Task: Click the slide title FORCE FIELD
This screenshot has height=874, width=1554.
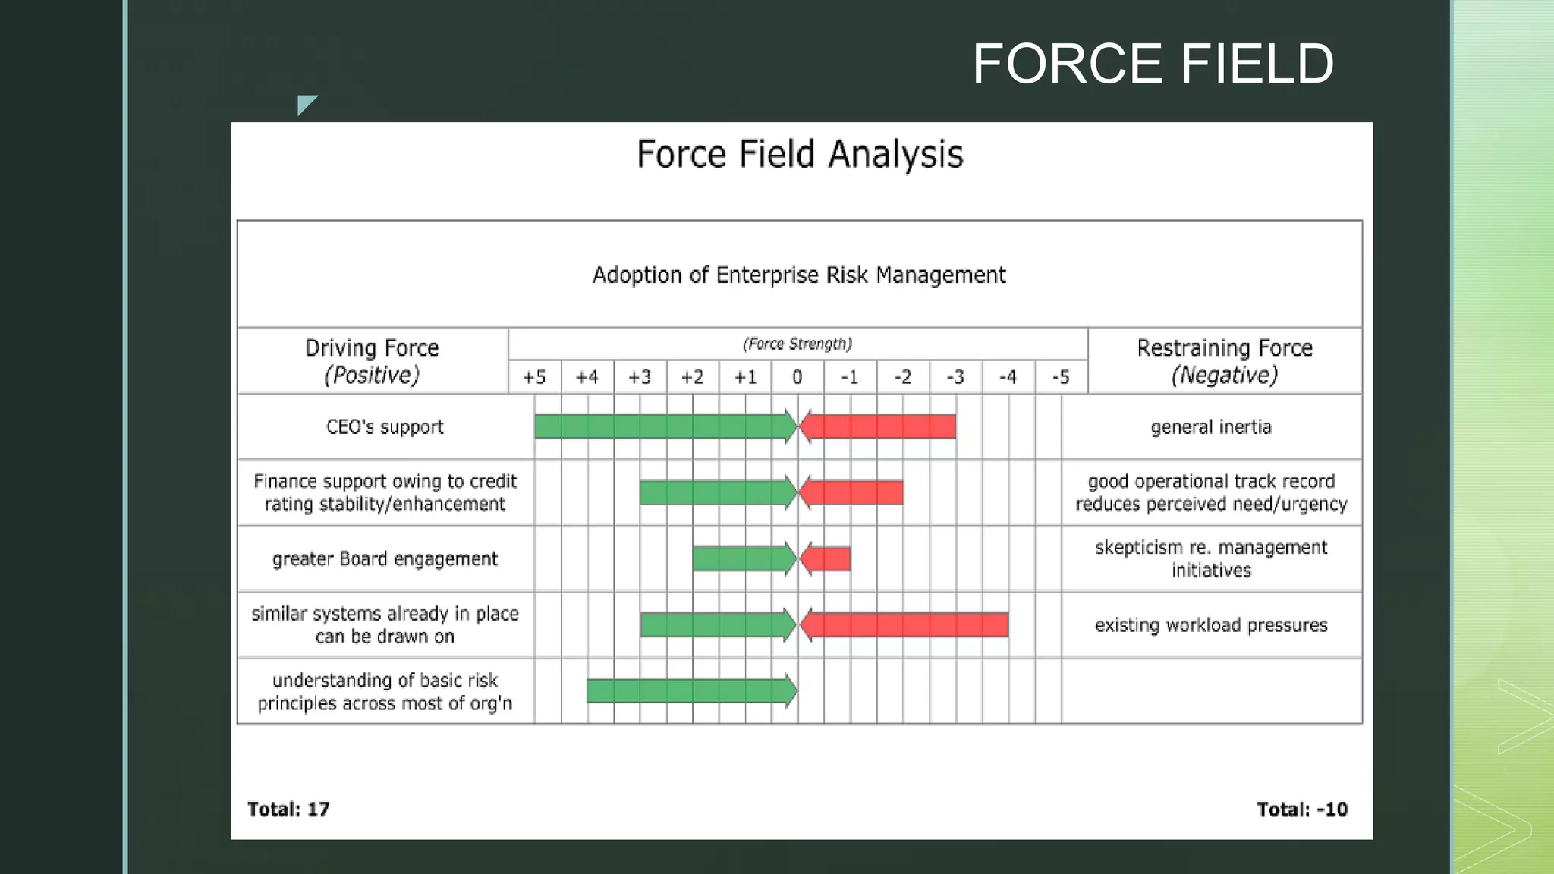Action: coord(1153,64)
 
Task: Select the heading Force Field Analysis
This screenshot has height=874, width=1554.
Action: coord(800,154)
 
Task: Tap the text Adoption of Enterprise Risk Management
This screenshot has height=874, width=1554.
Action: coord(799,275)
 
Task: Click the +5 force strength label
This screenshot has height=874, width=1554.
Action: coord(534,377)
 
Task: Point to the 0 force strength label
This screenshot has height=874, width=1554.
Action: coord(797,377)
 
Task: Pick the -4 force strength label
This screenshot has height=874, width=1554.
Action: coord(1008,377)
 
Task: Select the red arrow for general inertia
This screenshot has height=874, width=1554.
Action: coord(880,426)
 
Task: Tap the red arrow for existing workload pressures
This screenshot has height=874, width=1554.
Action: coord(907,625)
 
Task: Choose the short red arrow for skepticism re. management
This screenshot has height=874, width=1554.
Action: coord(827,559)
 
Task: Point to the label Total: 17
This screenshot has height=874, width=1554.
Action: coord(288,810)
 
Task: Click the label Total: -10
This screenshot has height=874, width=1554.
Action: coord(1302,810)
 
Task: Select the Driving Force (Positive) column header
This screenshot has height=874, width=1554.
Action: coord(372,361)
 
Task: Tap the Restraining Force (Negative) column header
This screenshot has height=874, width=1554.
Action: coord(1225,361)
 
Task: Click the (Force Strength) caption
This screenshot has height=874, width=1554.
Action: coord(797,344)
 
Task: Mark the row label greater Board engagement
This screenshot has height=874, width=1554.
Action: coord(385,559)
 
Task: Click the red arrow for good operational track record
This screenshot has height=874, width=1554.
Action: coord(854,493)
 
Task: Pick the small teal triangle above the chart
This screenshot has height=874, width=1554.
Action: coord(305,103)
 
